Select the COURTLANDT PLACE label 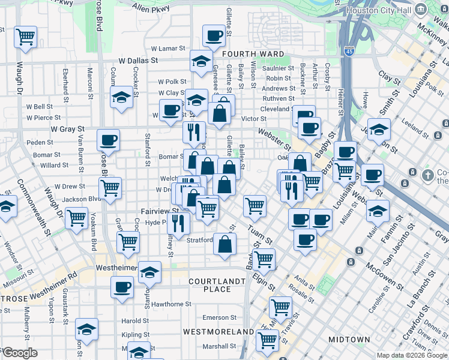tap(209, 285)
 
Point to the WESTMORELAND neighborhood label tap(218, 331)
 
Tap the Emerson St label tap(215, 317)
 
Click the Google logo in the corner tap(19, 353)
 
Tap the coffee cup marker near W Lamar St tap(214, 36)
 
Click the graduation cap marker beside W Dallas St tap(201, 60)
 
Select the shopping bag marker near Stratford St tap(224, 244)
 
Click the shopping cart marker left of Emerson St tap(280, 307)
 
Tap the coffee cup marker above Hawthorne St tap(122, 287)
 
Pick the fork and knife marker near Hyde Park tap(178, 223)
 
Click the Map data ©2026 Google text tap(412, 355)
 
